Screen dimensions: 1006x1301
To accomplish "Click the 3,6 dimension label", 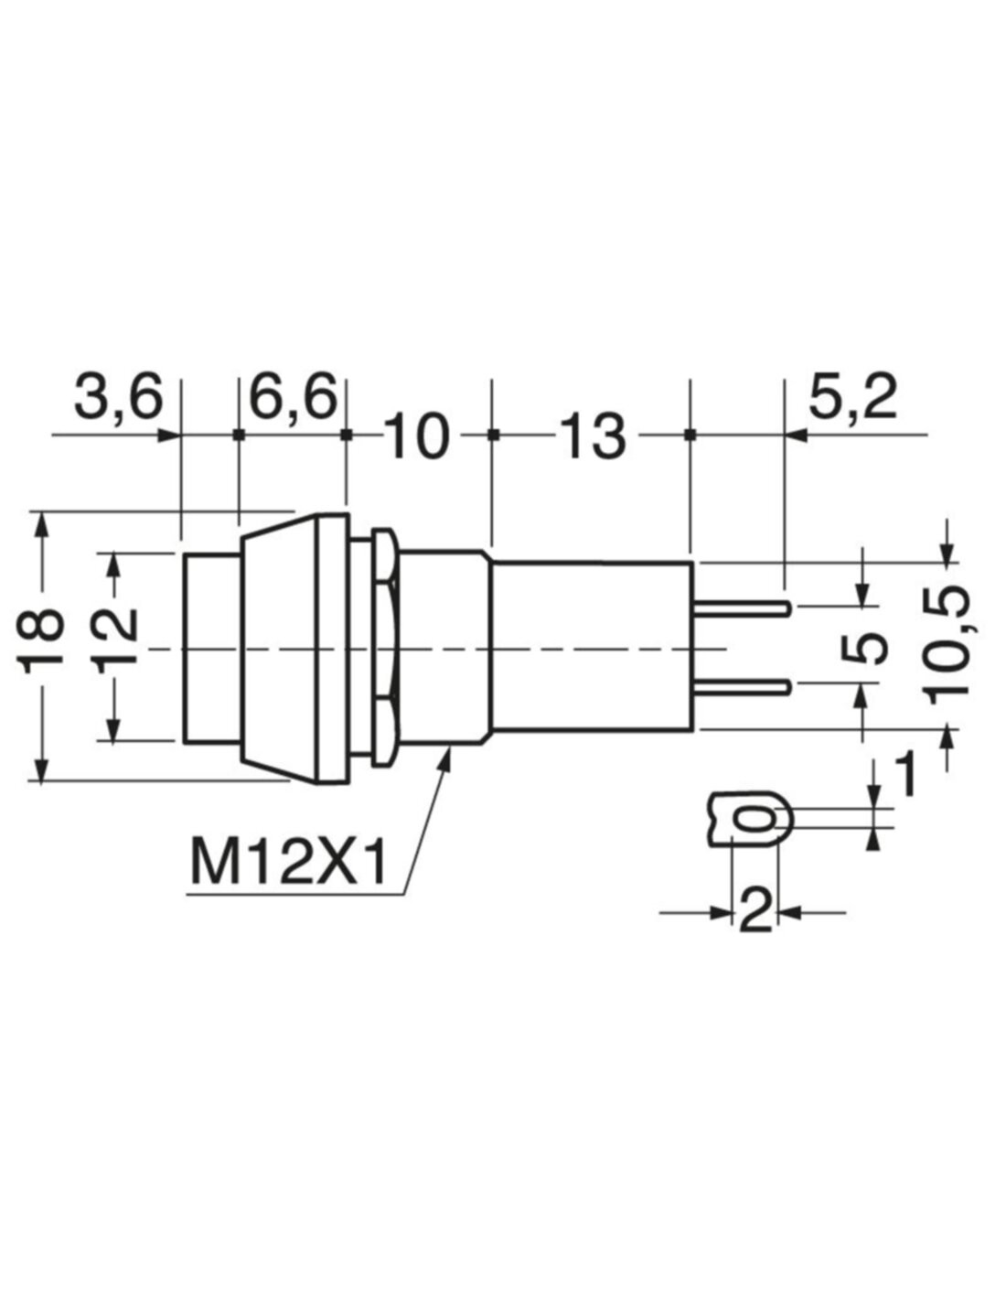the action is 119,399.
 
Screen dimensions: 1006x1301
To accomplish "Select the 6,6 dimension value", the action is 293,399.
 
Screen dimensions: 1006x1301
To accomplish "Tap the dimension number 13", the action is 592,437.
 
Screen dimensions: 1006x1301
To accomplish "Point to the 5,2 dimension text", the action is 852,399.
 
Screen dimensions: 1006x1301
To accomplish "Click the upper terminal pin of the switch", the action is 743,609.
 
